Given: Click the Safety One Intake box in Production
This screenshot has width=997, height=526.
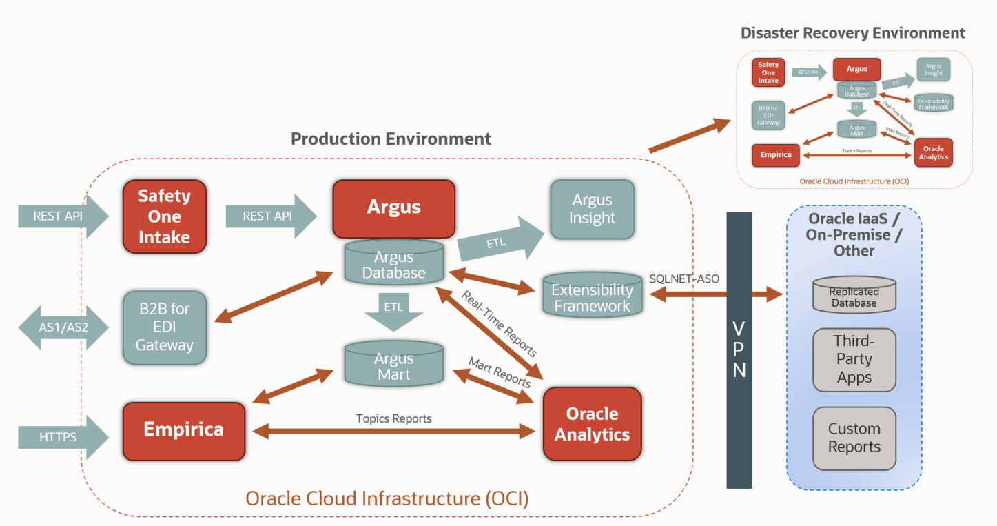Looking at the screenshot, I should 165,216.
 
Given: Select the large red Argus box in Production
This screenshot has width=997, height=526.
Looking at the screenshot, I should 393,207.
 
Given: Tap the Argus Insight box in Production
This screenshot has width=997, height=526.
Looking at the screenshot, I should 592,209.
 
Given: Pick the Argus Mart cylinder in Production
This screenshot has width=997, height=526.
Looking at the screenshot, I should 393,365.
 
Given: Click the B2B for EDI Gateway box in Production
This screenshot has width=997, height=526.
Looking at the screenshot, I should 165,327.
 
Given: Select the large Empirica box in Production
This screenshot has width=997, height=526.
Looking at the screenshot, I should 183,431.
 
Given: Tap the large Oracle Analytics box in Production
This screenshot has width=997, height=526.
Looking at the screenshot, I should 592,424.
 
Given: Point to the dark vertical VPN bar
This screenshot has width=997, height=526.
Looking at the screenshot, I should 739,350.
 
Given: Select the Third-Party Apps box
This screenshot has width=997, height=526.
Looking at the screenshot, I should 854,359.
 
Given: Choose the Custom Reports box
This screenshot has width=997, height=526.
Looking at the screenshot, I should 854,438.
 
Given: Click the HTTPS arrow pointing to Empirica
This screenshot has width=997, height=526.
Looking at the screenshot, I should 62,436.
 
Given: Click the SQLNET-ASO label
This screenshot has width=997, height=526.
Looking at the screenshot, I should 683,279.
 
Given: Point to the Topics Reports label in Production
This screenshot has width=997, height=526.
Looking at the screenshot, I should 393,418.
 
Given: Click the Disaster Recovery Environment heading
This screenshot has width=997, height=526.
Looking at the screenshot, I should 852,32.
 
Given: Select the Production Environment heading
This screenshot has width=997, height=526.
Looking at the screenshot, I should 391,139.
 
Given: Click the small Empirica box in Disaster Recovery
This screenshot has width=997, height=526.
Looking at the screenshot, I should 776,154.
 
